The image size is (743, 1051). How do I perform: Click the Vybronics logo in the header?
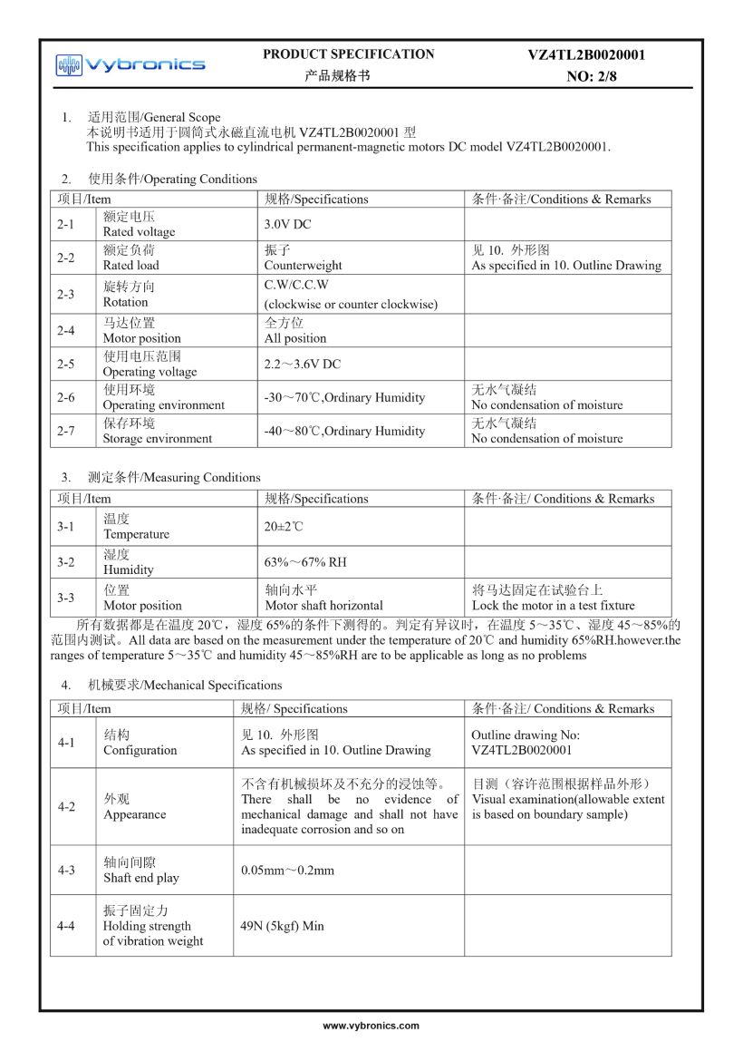[x=130, y=64]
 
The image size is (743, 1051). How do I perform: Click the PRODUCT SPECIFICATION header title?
[x=349, y=54]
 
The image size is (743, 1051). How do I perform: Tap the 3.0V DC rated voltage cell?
[x=287, y=224]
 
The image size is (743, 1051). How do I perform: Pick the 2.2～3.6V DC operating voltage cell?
[x=303, y=364]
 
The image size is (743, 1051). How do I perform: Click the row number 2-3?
[x=66, y=294]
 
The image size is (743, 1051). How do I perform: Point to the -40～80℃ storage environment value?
[x=344, y=431]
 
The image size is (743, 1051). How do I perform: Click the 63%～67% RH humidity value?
[x=305, y=562]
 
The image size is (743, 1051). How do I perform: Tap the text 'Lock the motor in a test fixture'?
[x=553, y=606]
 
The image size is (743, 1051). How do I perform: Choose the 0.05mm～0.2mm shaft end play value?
[x=287, y=871]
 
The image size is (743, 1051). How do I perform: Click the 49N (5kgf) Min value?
[x=282, y=926]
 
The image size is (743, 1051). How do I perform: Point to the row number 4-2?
[x=66, y=806]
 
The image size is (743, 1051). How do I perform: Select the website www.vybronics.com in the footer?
[x=371, y=1026]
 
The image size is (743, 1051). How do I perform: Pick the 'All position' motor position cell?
[x=295, y=338]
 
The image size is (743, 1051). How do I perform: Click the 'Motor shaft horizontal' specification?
[x=323, y=606]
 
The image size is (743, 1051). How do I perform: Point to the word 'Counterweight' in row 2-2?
[x=304, y=266]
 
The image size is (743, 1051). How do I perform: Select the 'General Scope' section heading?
[x=181, y=117]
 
